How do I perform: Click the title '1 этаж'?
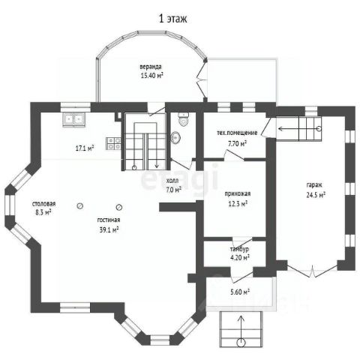173,19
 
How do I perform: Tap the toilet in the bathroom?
184,118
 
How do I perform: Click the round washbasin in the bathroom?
176,137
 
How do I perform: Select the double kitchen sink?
74,119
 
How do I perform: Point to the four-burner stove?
114,144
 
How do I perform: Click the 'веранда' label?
151,67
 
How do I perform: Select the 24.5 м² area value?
316,195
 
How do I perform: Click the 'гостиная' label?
109,220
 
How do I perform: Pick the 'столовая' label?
44,204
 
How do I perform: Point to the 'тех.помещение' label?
237,133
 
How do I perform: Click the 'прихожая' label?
238,193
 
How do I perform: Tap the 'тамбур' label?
239,249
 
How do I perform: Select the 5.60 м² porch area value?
240,292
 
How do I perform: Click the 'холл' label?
172,181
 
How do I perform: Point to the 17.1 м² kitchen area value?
85,148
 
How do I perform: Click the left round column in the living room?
80,206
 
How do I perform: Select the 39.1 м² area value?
109,229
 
